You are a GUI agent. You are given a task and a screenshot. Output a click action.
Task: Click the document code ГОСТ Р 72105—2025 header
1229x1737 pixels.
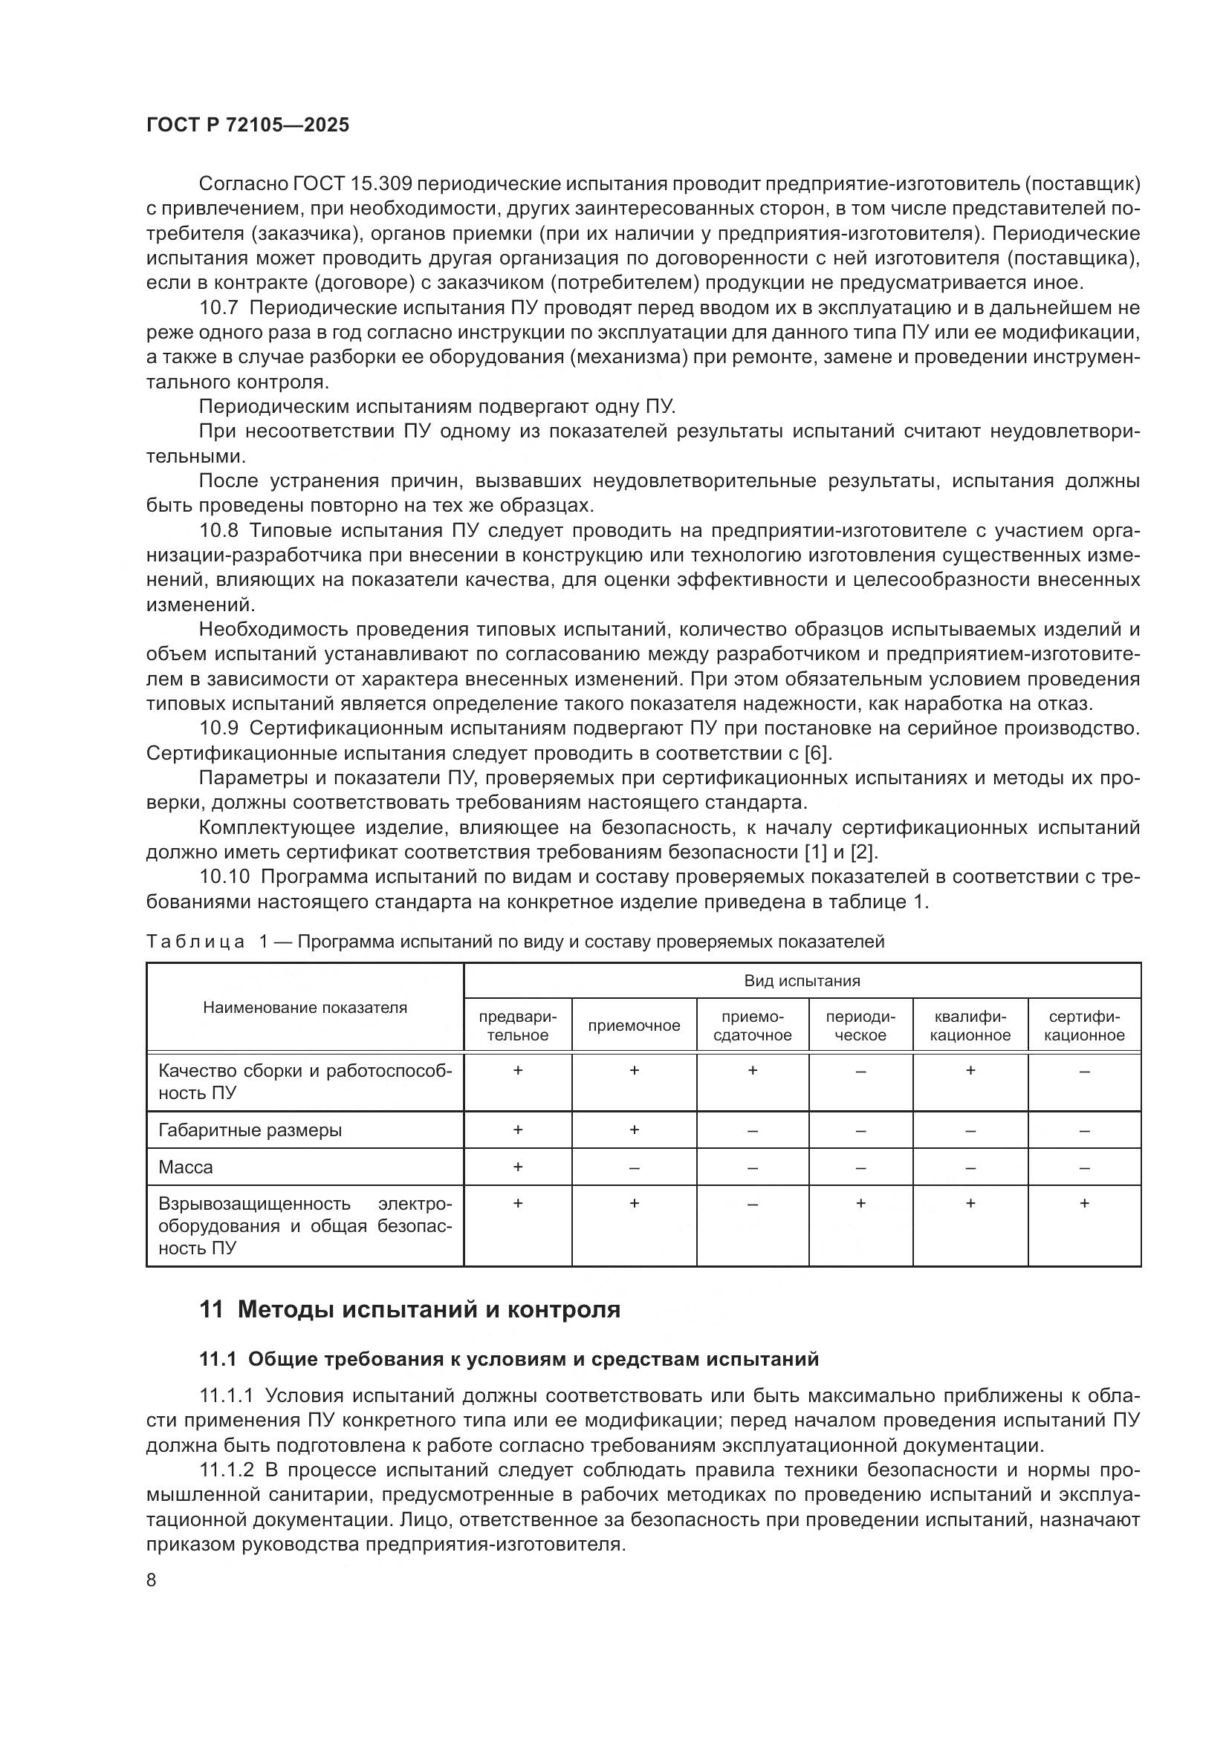coord(247,126)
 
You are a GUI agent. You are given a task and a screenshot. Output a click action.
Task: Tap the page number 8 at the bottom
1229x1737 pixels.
coord(152,1580)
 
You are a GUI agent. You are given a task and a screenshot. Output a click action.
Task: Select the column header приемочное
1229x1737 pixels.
coord(633,1026)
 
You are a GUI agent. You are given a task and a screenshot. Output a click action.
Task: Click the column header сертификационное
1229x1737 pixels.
coord(1083,1026)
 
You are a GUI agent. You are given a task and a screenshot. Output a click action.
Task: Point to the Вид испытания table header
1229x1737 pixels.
coord(802,981)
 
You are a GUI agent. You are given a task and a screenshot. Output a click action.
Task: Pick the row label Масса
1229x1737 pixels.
coord(186,1167)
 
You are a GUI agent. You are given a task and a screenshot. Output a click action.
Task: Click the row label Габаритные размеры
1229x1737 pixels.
coord(250,1130)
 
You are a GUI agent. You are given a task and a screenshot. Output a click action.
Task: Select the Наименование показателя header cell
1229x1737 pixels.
coord(304,1008)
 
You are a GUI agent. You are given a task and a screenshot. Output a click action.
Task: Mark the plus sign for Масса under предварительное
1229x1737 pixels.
coord(518,1167)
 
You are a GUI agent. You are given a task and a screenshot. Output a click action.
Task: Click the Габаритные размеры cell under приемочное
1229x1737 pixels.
coord(633,1130)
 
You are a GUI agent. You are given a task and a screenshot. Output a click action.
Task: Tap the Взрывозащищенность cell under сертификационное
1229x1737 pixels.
coord(1083,1204)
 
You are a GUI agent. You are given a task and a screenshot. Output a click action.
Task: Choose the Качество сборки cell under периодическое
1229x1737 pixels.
coord(860,1072)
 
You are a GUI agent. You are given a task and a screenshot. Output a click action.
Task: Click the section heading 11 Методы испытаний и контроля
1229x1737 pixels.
coord(409,1310)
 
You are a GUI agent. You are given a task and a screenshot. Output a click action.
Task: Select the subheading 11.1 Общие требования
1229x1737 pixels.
coord(508,1360)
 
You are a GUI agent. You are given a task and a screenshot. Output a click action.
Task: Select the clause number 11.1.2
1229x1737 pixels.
coord(227,1470)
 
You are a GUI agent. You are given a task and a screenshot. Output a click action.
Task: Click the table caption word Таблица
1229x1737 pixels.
coord(195,942)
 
